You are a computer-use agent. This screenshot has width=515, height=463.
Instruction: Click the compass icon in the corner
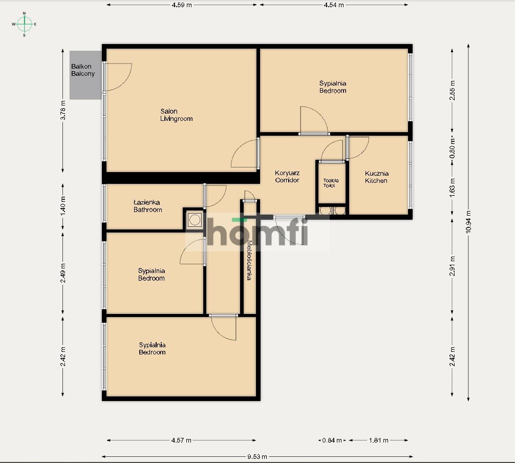pos(24,24)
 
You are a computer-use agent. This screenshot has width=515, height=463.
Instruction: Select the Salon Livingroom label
pos(176,115)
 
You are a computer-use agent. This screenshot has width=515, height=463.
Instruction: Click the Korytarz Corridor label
pos(287,177)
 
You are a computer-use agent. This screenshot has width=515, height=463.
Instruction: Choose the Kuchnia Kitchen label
pos(376,177)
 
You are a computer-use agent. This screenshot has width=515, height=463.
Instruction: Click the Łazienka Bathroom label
pos(147,206)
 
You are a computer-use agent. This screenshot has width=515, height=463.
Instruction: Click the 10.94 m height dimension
pos(468,222)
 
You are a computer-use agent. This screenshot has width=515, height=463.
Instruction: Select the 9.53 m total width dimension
pos(257,456)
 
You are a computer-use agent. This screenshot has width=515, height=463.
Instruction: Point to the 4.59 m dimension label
pos(182,5)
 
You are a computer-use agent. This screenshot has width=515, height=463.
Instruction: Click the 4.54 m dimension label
pos(334,5)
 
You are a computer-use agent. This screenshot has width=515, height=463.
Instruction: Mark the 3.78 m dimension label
pos(63,109)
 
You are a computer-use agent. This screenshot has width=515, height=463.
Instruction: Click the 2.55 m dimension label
pos(452,90)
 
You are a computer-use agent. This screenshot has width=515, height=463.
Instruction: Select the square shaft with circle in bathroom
pos(195,220)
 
